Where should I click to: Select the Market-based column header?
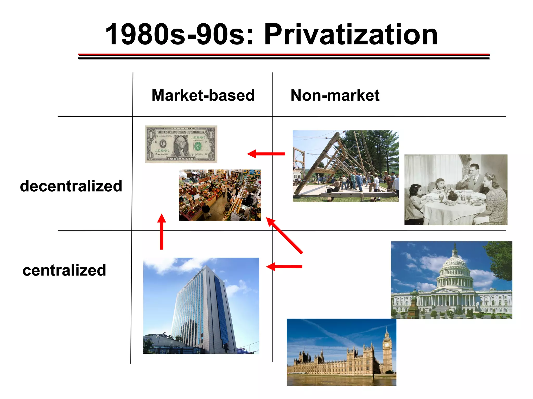pos(203,95)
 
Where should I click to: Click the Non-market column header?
pos(335,95)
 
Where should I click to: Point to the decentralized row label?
pos(71,186)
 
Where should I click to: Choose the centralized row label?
pos(64,270)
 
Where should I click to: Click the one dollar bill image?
pos(181,144)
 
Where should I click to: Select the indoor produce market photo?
pos(220,195)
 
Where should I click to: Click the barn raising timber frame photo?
pos(345,166)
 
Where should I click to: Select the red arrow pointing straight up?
pos(162,231)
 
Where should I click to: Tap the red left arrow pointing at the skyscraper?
pos(284,267)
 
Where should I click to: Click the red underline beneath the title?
pos(284,55)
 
